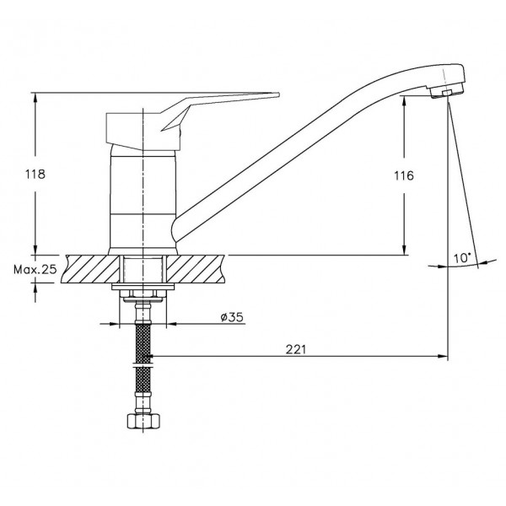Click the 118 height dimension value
[x=35, y=175]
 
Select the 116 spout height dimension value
[x=404, y=176]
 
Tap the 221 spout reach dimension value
[x=295, y=349]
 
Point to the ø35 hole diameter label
[x=232, y=317]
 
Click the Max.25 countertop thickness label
[x=35, y=269]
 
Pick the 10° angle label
[x=462, y=258]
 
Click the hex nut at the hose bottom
[x=143, y=421]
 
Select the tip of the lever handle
[x=278, y=94]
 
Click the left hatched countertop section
[x=89, y=269]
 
